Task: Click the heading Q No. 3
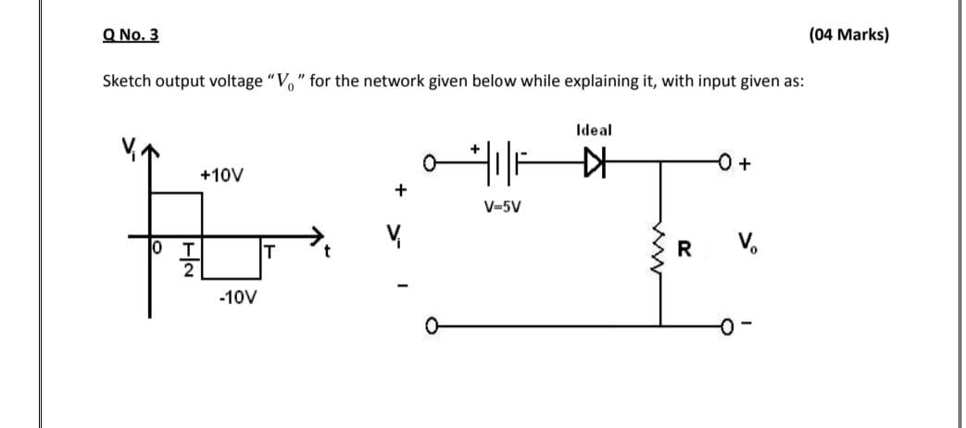tap(131, 35)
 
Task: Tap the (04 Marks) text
tap(847, 35)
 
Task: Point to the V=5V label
tap(504, 206)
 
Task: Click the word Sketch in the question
tap(126, 81)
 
